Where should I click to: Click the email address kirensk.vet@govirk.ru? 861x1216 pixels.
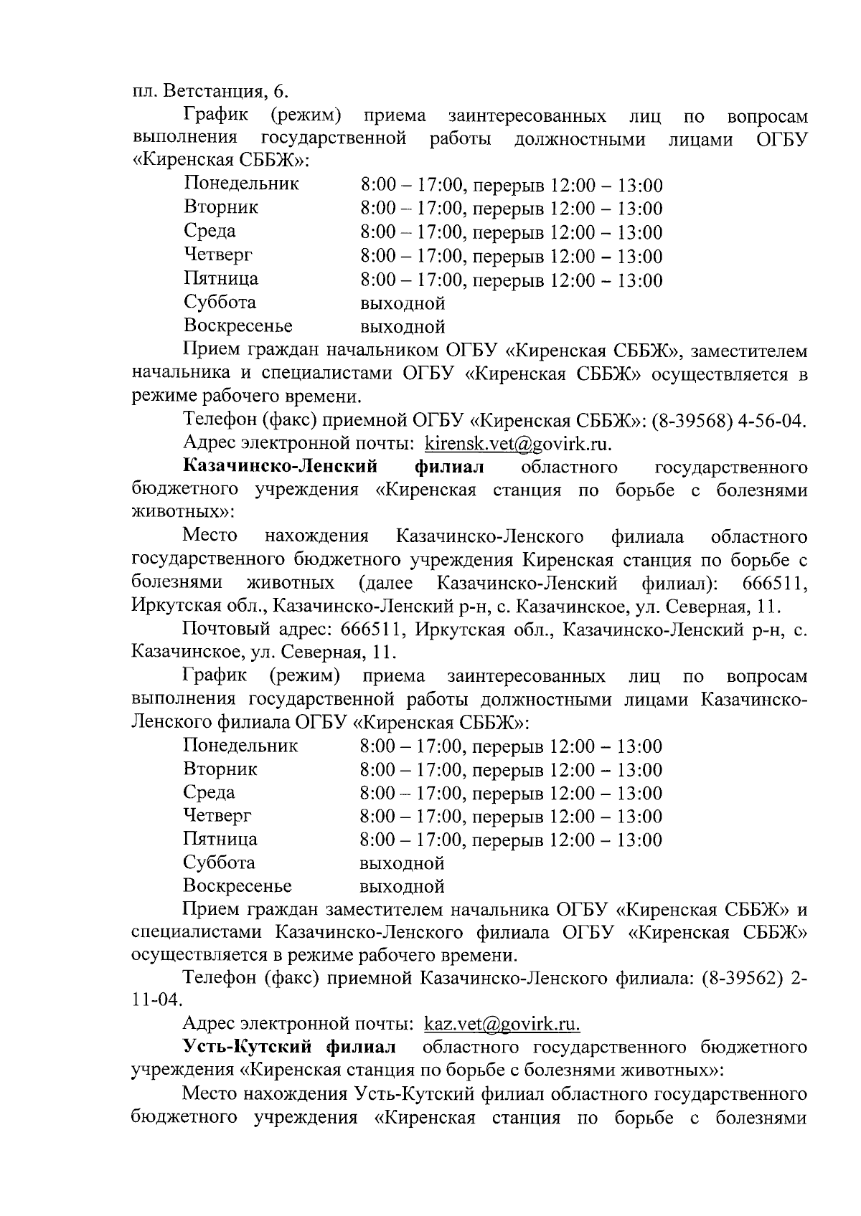(518, 444)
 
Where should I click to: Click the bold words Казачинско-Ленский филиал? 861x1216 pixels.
(334, 467)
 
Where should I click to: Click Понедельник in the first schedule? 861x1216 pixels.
(241, 184)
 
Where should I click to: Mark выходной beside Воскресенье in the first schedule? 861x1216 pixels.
(403, 328)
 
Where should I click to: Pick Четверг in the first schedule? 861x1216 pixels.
(218, 255)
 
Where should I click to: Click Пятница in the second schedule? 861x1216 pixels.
(220, 839)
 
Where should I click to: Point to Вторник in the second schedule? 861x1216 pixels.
(220, 769)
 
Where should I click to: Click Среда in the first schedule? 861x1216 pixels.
(210, 231)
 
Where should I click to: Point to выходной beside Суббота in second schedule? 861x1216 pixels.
(402, 863)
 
